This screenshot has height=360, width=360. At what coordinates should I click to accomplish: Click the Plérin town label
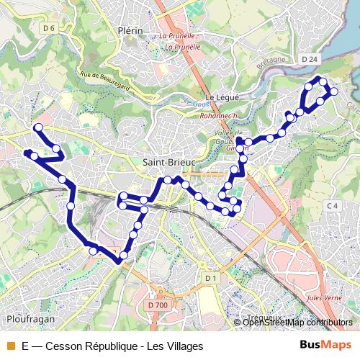(130, 31)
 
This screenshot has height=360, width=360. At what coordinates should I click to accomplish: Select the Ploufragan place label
(27, 318)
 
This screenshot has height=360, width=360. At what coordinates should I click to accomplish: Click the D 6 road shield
(49, 28)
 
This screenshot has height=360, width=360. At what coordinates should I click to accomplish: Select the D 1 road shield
(210, 278)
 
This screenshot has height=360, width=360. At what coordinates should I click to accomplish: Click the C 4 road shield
(332, 207)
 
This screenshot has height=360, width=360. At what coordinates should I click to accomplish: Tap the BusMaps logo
(326, 346)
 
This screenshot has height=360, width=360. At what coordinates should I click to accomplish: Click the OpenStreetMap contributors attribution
(297, 323)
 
